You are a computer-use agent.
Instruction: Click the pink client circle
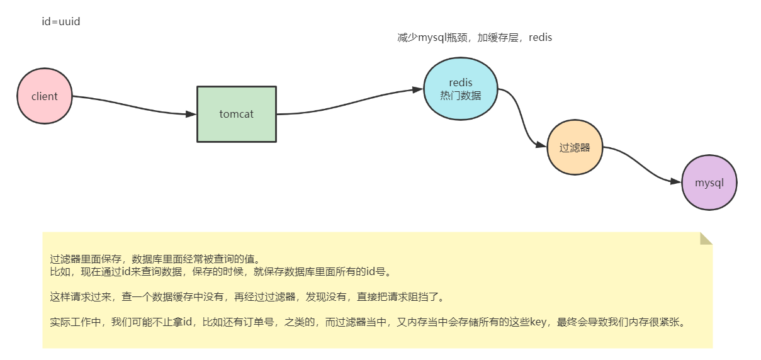point(44,96)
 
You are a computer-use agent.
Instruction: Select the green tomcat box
point(237,114)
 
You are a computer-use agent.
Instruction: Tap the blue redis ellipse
point(461,89)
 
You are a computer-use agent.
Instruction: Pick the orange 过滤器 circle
point(575,148)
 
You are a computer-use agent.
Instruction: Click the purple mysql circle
point(709,183)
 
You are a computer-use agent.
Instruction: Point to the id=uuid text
point(60,21)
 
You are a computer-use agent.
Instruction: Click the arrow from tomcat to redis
point(352,104)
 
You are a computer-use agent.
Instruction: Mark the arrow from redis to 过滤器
point(522,120)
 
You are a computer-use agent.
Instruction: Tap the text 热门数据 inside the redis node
point(461,96)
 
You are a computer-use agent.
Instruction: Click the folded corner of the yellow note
point(706,238)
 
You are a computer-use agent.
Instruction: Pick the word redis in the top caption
point(540,38)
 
